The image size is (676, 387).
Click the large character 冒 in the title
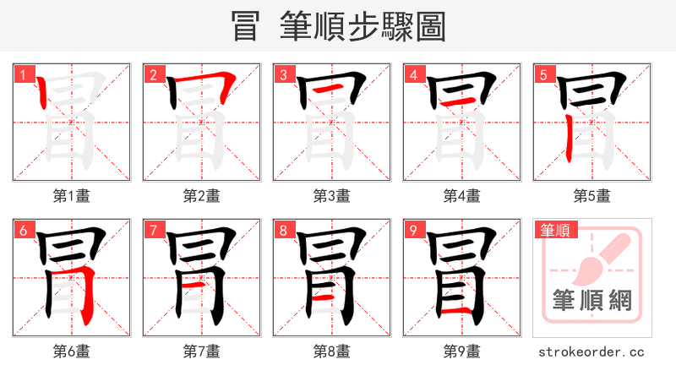[x=246, y=27]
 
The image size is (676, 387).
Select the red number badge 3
[x=283, y=74]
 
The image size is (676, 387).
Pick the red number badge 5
[x=543, y=74]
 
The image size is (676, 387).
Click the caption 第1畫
[x=72, y=196]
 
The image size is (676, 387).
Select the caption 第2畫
[x=202, y=196]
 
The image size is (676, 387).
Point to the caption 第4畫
[x=462, y=196]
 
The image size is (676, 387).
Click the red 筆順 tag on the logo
[x=554, y=230]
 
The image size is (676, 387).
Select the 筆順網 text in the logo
[x=592, y=300]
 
